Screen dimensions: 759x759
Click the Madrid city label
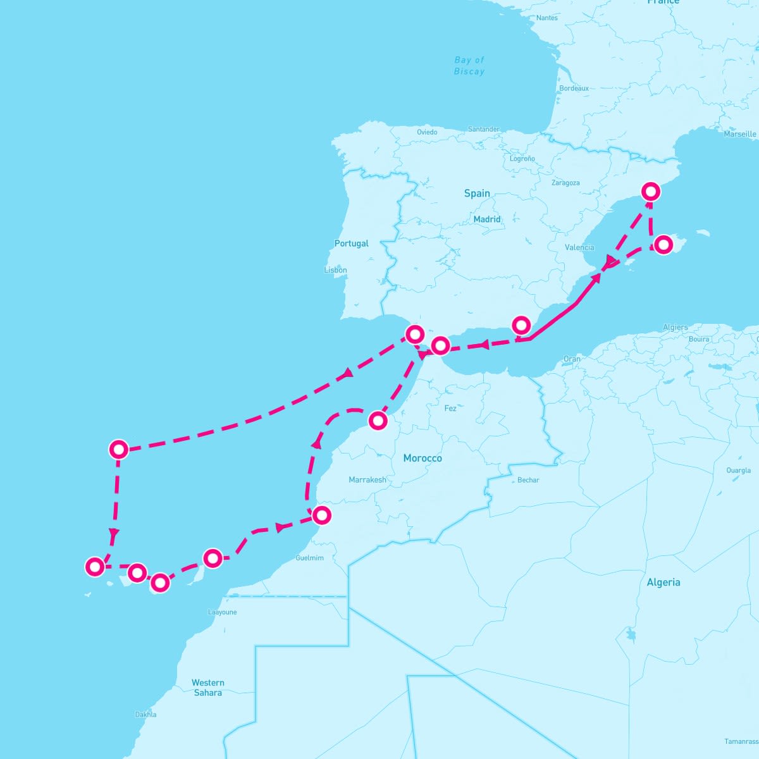(487, 219)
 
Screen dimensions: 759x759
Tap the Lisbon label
(335, 270)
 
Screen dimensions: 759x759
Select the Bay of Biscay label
(469, 66)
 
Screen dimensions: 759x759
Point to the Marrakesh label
(367, 479)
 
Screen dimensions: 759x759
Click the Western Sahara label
(208, 688)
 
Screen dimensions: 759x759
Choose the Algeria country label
(663, 583)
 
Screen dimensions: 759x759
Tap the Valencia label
(579, 247)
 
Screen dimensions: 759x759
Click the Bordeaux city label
(574, 89)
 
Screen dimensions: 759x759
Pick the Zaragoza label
(565, 183)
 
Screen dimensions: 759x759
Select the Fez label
(450, 409)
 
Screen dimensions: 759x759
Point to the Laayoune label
(222, 612)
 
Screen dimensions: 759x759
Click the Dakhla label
(145, 715)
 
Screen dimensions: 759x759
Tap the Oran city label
(572, 359)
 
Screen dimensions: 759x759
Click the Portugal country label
(351, 244)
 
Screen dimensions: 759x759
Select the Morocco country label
(423, 458)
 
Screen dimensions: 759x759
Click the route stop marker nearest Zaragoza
(650, 191)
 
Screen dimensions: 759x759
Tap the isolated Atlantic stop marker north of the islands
(119, 449)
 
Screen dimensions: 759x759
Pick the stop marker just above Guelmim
(322, 515)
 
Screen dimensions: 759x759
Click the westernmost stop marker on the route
(95, 566)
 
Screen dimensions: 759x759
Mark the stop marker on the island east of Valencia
(663, 244)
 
